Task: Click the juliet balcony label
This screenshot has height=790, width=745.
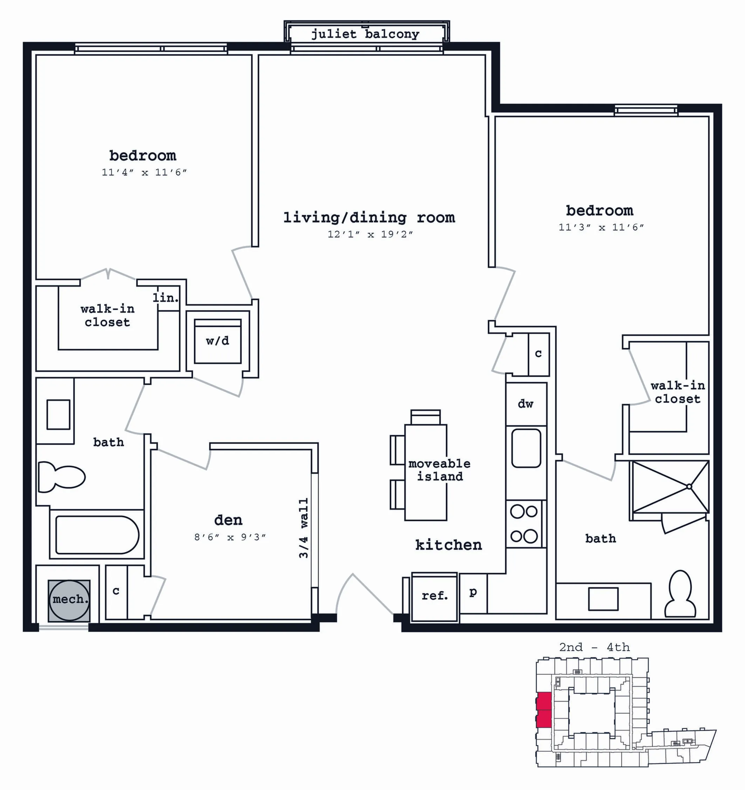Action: click(x=365, y=34)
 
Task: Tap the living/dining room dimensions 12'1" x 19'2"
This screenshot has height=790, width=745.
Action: click(x=370, y=234)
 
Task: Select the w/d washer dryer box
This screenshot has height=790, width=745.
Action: click(x=218, y=341)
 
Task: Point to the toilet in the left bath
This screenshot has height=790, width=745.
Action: click(x=61, y=477)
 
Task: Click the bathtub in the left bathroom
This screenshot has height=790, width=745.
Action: click(x=97, y=535)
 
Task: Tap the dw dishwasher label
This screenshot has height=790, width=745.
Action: click(x=525, y=404)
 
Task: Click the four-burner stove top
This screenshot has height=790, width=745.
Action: click(x=524, y=524)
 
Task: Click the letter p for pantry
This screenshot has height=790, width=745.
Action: click(x=473, y=592)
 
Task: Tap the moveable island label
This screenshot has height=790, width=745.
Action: click(x=440, y=470)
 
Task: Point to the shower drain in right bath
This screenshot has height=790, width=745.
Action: click(x=689, y=486)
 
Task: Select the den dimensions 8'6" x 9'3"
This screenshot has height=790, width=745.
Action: click(x=230, y=537)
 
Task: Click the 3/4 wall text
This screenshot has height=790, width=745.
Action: click(x=304, y=528)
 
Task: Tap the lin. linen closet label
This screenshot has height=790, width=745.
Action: click(x=165, y=297)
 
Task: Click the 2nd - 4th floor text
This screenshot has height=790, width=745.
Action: click(x=594, y=647)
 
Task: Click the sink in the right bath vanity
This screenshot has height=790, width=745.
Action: click(x=603, y=599)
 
